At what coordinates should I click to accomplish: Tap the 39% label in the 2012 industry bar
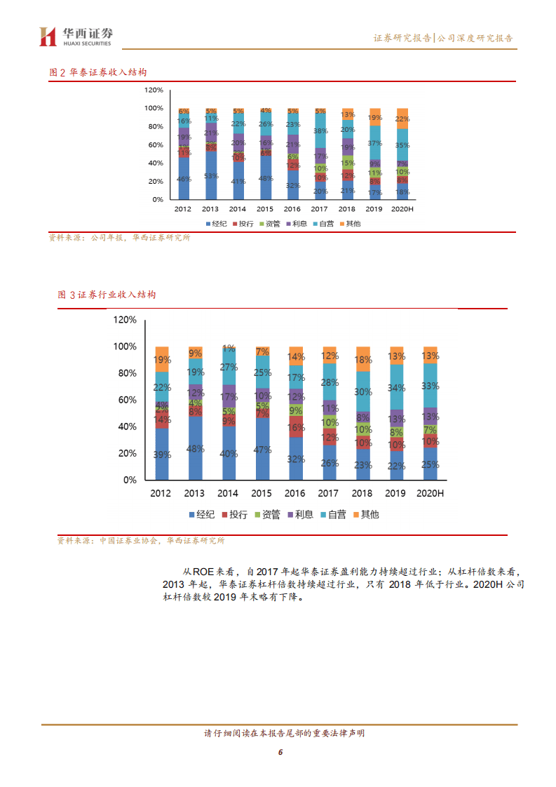(x=162, y=455)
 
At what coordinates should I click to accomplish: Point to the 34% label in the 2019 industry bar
(x=397, y=388)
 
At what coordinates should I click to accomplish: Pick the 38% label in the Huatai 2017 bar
(x=320, y=131)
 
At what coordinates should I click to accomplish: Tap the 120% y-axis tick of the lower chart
(x=125, y=320)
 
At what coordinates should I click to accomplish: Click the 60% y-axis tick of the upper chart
(x=154, y=145)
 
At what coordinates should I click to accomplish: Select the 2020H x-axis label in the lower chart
(x=430, y=493)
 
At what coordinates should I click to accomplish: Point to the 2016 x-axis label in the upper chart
(x=292, y=209)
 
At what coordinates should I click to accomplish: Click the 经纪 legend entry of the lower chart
(x=203, y=515)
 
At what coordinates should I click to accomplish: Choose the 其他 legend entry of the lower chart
(x=366, y=515)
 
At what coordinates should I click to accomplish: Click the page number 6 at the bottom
(x=280, y=752)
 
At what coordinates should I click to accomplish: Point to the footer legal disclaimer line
(x=279, y=734)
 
